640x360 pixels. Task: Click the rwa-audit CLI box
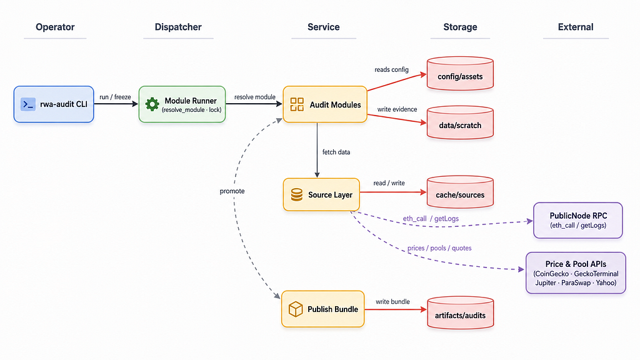click(54, 104)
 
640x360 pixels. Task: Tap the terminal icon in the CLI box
click(27, 104)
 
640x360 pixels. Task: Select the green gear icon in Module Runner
click(152, 104)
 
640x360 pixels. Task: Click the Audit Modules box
click(325, 104)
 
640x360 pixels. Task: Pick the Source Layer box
click(321, 195)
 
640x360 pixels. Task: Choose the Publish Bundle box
click(323, 309)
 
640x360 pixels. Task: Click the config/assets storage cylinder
click(460, 74)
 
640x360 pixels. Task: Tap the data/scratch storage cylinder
click(460, 122)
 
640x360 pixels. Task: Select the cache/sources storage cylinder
click(460, 192)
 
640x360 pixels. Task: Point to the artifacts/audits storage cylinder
click(461, 312)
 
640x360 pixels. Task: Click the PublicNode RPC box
click(578, 221)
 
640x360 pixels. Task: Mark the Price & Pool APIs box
click(576, 272)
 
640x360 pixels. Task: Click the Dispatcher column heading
click(178, 27)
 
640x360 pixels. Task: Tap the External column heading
click(576, 27)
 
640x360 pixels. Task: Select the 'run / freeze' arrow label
click(115, 97)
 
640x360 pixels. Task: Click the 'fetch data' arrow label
click(336, 152)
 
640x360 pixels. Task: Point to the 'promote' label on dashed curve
click(232, 191)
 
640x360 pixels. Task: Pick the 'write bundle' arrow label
click(392, 302)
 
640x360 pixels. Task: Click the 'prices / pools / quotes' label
click(439, 248)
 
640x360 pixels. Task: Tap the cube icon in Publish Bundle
click(296, 309)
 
